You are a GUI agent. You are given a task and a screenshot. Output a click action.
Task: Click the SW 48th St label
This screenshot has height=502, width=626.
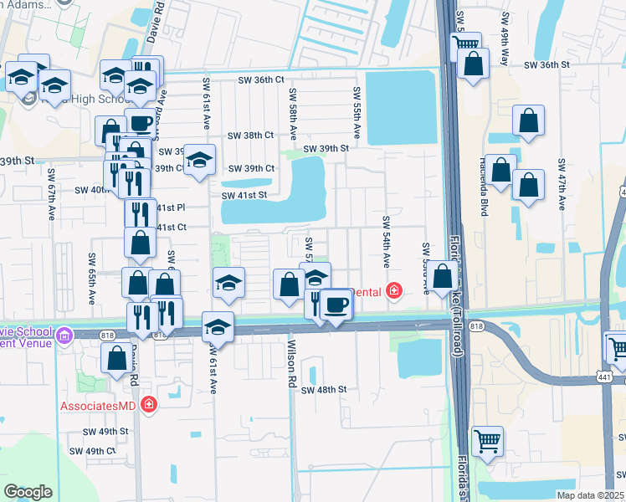(x=324, y=390)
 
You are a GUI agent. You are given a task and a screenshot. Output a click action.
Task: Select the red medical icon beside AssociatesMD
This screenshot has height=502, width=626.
(x=149, y=405)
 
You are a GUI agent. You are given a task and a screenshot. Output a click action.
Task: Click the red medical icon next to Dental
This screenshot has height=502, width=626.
(x=393, y=291)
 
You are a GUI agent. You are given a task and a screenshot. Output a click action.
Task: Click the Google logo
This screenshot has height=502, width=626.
(x=28, y=492)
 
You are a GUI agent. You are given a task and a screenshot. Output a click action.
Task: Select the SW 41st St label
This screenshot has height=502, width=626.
(x=244, y=195)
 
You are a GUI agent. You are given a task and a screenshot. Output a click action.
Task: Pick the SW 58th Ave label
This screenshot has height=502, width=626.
(x=293, y=109)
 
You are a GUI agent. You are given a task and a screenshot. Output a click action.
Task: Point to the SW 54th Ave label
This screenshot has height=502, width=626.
(x=386, y=242)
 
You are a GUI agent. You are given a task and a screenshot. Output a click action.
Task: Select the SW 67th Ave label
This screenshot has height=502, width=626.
(x=51, y=196)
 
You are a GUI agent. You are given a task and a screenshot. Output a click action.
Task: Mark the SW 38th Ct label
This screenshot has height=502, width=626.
(x=251, y=135)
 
